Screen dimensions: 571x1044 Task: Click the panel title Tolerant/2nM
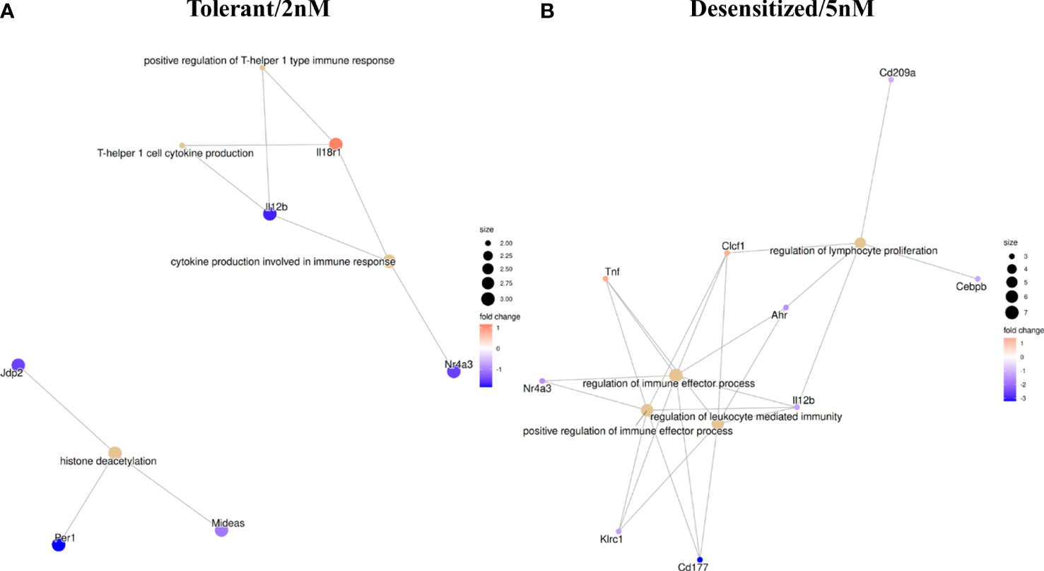258,10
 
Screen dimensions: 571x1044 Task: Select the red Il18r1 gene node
336,143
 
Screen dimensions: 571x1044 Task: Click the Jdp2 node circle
18,365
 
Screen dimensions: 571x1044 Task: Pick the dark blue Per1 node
59,544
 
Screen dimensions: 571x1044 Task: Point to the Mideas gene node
221,530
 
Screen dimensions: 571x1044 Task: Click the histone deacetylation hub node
115,452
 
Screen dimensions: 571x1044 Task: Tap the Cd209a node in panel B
891,80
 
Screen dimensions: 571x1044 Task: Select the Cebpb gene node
978,279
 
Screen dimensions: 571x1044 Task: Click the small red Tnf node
605,278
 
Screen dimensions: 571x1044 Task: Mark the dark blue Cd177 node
700,558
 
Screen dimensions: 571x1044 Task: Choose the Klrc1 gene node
618,531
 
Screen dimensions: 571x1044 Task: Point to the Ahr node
785,307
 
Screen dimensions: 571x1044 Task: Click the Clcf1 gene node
727,253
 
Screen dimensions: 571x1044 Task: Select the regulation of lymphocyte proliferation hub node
860,243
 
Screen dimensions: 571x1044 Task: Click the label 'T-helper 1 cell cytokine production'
175,153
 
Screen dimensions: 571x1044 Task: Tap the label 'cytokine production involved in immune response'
283,262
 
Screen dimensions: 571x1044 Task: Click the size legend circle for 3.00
488,298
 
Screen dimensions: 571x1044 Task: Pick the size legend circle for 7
1011,312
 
